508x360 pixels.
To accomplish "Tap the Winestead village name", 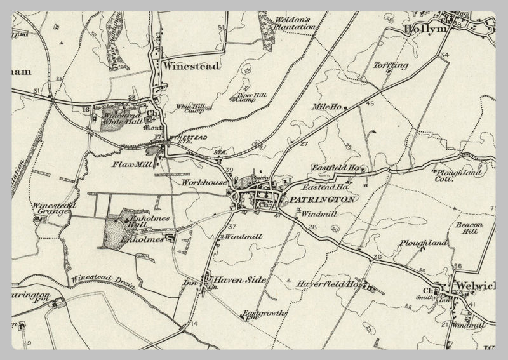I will (x=191, y=65).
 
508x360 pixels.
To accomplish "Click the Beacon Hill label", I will (x=469, y=229).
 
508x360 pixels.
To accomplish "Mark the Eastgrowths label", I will (x=265, y=315).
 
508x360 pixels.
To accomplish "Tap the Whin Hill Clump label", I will (x=190, y=108).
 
